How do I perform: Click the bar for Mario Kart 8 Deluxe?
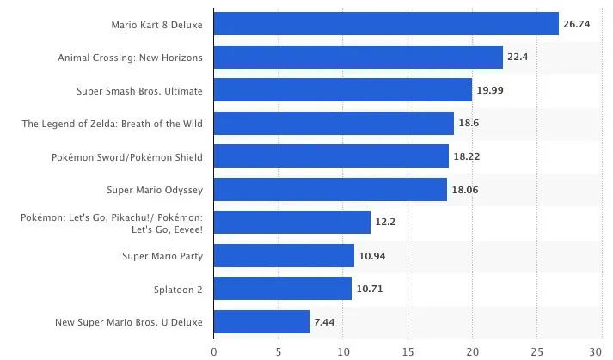click(x=386, y=24)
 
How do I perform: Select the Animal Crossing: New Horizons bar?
click(x=358, y=57)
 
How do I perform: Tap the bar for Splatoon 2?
click(x=282, y=289)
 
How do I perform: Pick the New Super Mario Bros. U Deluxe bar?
click(x=261, y=322)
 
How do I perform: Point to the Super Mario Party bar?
click(x=283, y=255)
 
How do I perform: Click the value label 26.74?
click(x=577, y=24)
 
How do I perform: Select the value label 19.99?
click(x=490, y=90)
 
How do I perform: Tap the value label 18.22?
click(x=467, y=156)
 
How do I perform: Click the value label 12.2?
click(x=385, y=223)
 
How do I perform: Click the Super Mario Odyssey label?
click(x=155, y=190)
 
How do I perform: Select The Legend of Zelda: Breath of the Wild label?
click(x=113, y=124)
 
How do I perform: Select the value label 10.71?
click(x=369, y=289)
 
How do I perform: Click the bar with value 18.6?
click(x=334, y=124)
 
